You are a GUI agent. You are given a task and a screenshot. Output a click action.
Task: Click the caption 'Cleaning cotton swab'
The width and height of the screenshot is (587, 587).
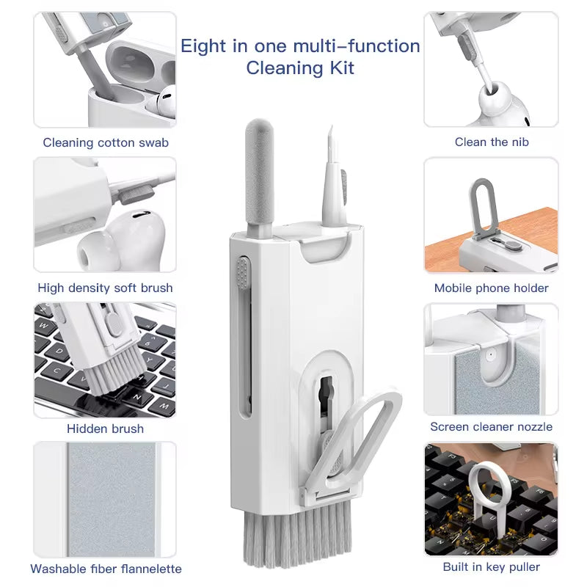click(106, 142)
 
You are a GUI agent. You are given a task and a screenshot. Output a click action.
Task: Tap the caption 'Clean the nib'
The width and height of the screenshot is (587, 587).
click(492, 142)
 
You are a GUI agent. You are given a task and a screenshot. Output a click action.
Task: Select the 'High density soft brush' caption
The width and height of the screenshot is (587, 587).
click(106, 288)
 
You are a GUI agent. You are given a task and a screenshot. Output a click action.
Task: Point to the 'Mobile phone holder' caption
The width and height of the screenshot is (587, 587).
click(492, 288)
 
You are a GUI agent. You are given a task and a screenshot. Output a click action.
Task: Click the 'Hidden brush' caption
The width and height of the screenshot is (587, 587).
click(106, 429)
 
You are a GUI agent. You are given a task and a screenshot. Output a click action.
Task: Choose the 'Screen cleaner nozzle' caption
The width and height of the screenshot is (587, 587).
click(492, 426)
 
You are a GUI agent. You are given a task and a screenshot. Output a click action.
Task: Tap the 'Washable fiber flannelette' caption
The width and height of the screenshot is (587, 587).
click(106, 569)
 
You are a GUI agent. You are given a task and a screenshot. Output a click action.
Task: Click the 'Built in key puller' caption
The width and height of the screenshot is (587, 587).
click(492, 566)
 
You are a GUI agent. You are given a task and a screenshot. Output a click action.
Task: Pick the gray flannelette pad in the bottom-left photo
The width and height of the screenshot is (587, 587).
click(112, 499)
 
